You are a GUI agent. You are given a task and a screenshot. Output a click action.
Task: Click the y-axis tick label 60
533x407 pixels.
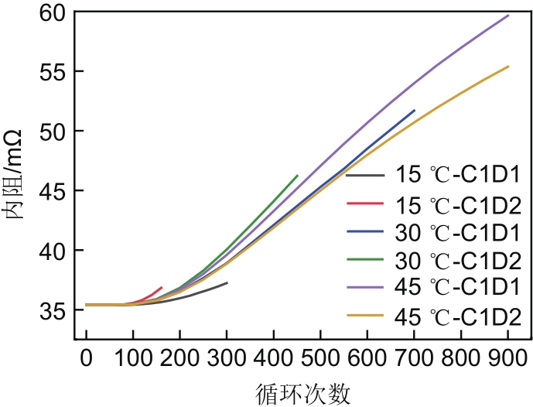point(52,13)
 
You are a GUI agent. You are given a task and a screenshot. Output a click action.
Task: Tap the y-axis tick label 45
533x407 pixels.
point(52,191)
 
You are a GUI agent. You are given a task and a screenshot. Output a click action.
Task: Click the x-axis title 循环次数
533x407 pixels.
point(297,392)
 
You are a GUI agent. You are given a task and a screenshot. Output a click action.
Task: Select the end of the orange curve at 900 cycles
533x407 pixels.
point(508,67)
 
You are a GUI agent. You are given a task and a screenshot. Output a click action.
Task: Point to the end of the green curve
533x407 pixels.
point(298,176)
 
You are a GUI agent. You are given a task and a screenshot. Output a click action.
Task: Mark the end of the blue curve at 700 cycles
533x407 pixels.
point(415,111)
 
